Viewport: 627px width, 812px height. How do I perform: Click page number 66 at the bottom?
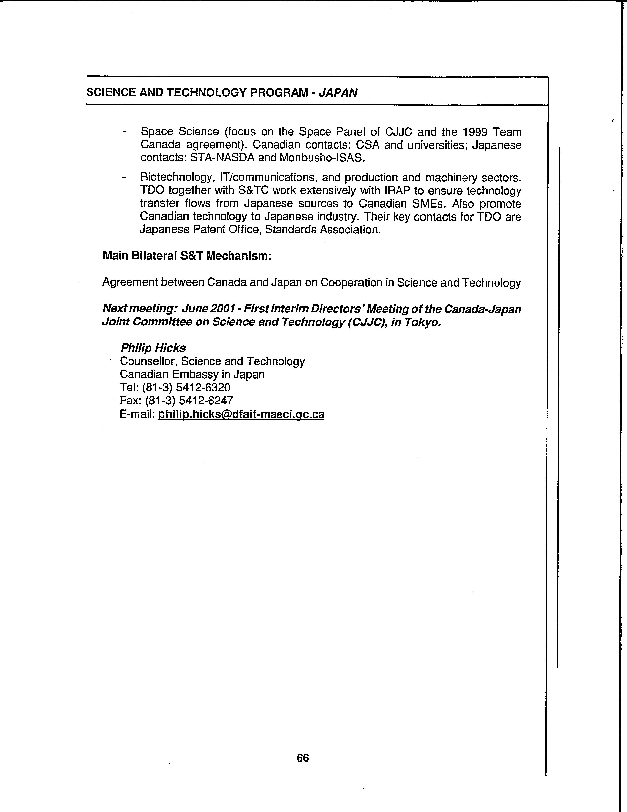(x=303, y=758)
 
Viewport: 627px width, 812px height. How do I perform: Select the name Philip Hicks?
(x=153, y=348)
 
